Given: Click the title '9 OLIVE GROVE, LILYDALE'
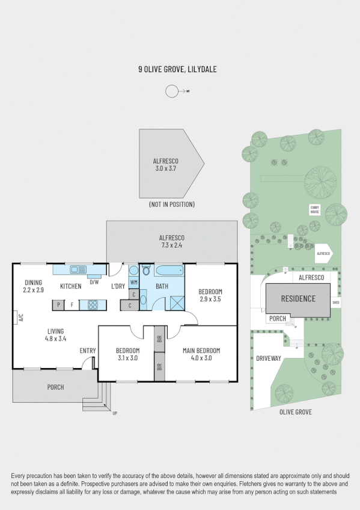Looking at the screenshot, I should (x=177, y=70).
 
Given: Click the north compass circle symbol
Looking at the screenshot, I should (x=172, y=91).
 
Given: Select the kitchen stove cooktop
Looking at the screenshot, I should (x=94, y=305).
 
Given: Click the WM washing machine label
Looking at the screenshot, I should (x=133, y=281).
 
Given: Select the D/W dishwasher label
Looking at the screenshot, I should (x=94, y=281).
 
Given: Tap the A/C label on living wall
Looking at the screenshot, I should (x=19, y=317).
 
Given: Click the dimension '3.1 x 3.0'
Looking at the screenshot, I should (x=127, y=358).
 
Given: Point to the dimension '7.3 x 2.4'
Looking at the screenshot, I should (x=171, y=245).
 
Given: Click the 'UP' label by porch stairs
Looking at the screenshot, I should (x=114, y=413).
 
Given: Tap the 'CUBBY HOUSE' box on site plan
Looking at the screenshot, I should (x=314, y=209).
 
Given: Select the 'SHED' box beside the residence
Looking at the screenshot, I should (x=336, y=303).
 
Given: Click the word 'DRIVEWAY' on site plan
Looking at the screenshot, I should (x=268, y=358).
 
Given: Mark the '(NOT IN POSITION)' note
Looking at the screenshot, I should (x=171, y=204).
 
